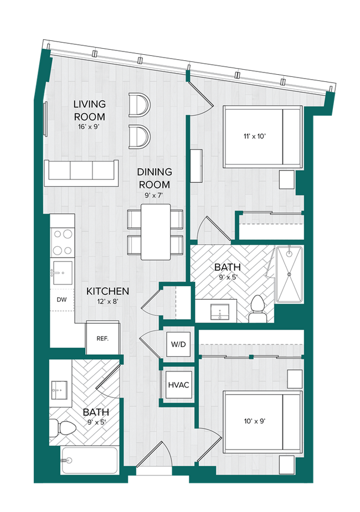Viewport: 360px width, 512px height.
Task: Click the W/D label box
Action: point(178,344)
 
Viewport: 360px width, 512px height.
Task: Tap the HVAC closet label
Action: point(178,384)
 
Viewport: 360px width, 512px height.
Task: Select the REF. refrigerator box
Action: point(102,338)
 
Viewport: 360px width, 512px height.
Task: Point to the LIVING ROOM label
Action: point(90,110)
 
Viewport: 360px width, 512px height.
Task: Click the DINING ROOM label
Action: point(154,178)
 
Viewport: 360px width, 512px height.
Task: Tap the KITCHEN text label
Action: point(107,291)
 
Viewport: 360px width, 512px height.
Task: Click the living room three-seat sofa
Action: point(81,170)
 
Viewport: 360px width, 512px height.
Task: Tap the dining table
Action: point(155,231)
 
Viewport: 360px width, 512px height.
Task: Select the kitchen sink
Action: point(62,272)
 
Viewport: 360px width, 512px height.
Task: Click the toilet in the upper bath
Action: point(258,308)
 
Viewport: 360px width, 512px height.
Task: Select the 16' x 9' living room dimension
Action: point(90,126)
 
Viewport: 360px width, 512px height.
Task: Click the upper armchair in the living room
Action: point(138,105)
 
